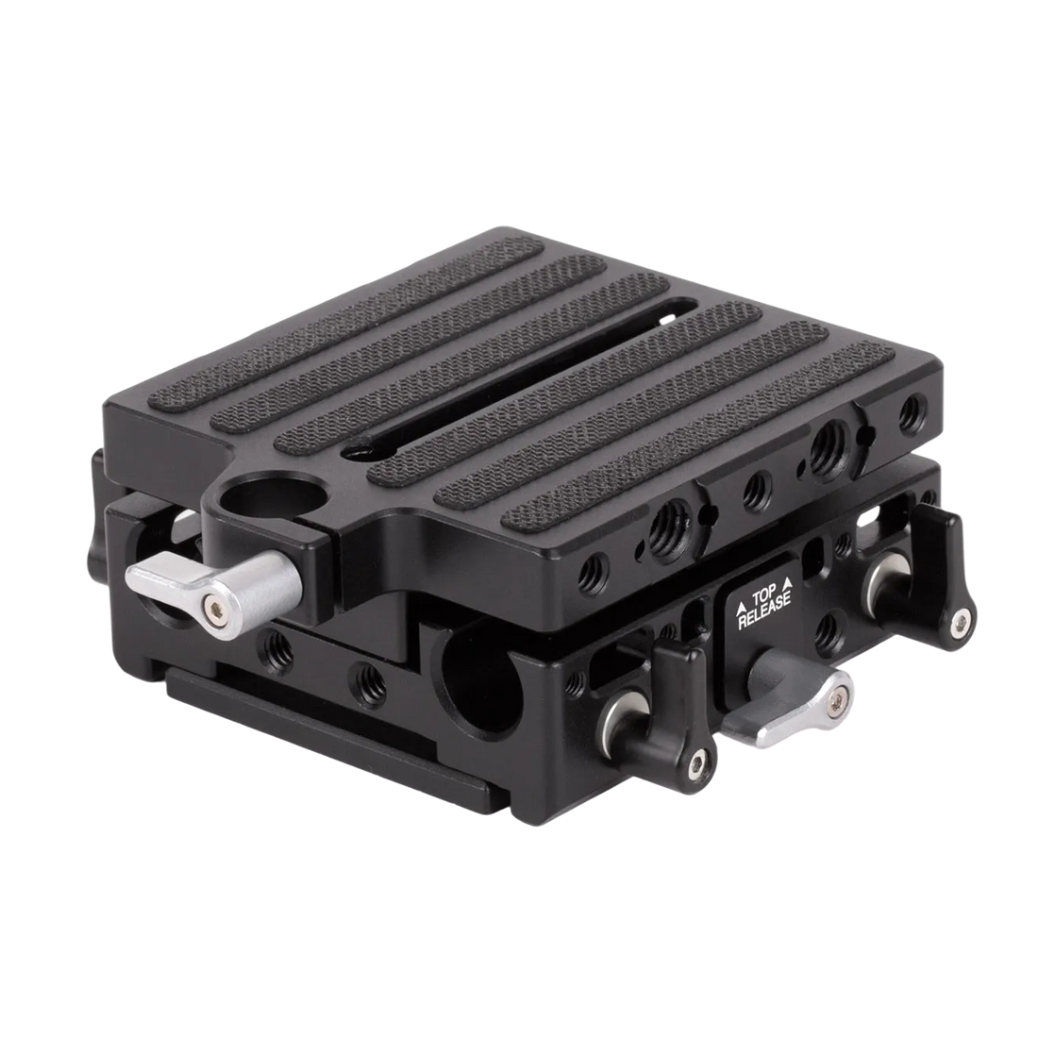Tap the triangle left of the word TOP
tap(740, 604)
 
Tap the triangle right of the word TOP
tap(787, 583)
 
